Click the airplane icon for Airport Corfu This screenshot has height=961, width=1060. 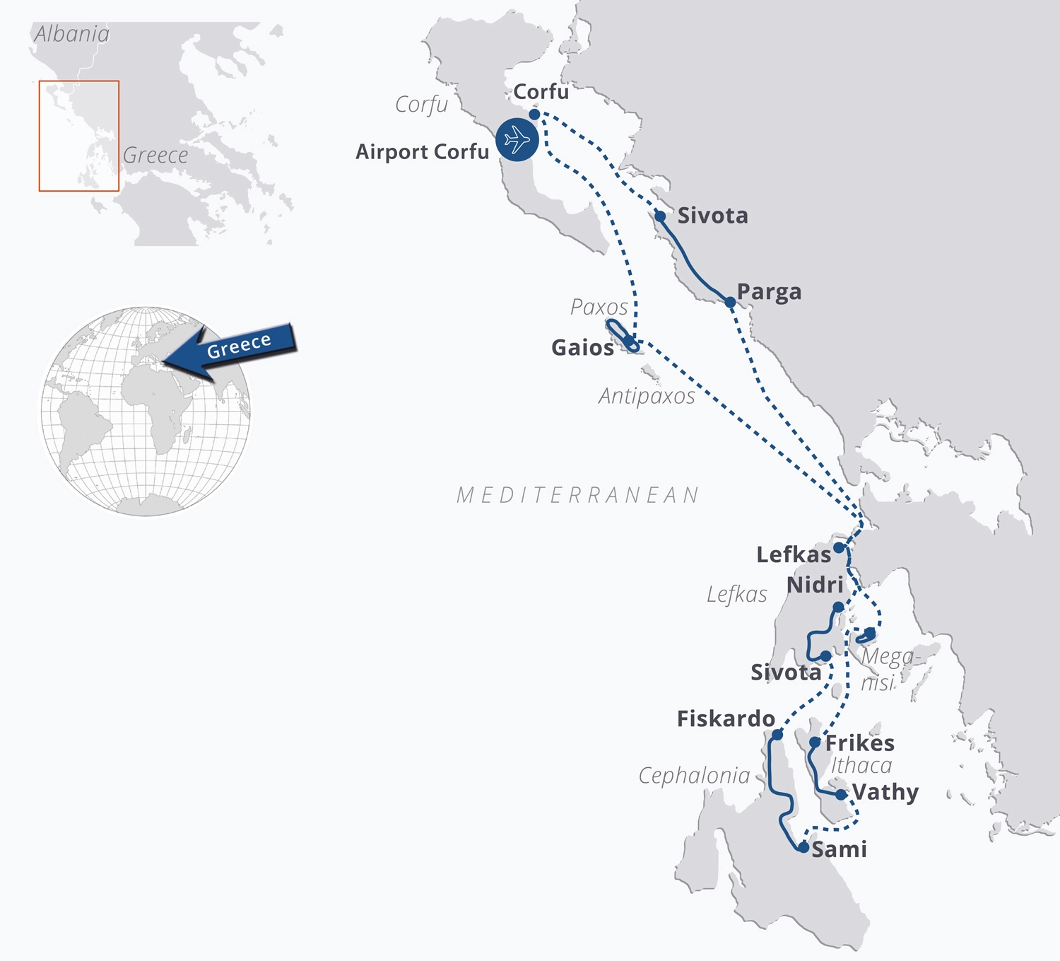click(x=517, y=139)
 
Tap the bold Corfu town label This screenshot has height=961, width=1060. click(x=541, y=92)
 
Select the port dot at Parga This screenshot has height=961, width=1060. click(x=730, y=302)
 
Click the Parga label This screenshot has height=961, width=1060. click(x=769, y=292)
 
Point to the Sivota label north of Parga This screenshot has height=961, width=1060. click(x=712, y=216)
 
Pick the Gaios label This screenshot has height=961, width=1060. click(x=582, y=348)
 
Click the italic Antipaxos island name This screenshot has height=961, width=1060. click(x=647, y=396)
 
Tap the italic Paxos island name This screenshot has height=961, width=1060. click(x=599, y=307)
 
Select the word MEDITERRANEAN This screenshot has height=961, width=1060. click(x=577, y=495)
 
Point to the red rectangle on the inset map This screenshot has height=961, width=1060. click(x=78, y=136)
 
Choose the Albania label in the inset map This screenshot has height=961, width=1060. click(x=72, y=34)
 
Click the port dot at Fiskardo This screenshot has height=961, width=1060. click(x=777, y=735)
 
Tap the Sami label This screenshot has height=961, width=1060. click(x=839, y=849)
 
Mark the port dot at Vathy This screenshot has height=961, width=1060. click(x=841, y=795)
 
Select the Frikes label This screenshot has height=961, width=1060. click(x=859, y=743)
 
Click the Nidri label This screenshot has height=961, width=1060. click(x=815, y=585)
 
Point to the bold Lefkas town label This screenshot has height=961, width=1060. click(x=793, y=554)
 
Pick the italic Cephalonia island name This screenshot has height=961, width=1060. click(x=694, y=776)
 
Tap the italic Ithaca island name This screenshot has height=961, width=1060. click(x=861, y=765)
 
